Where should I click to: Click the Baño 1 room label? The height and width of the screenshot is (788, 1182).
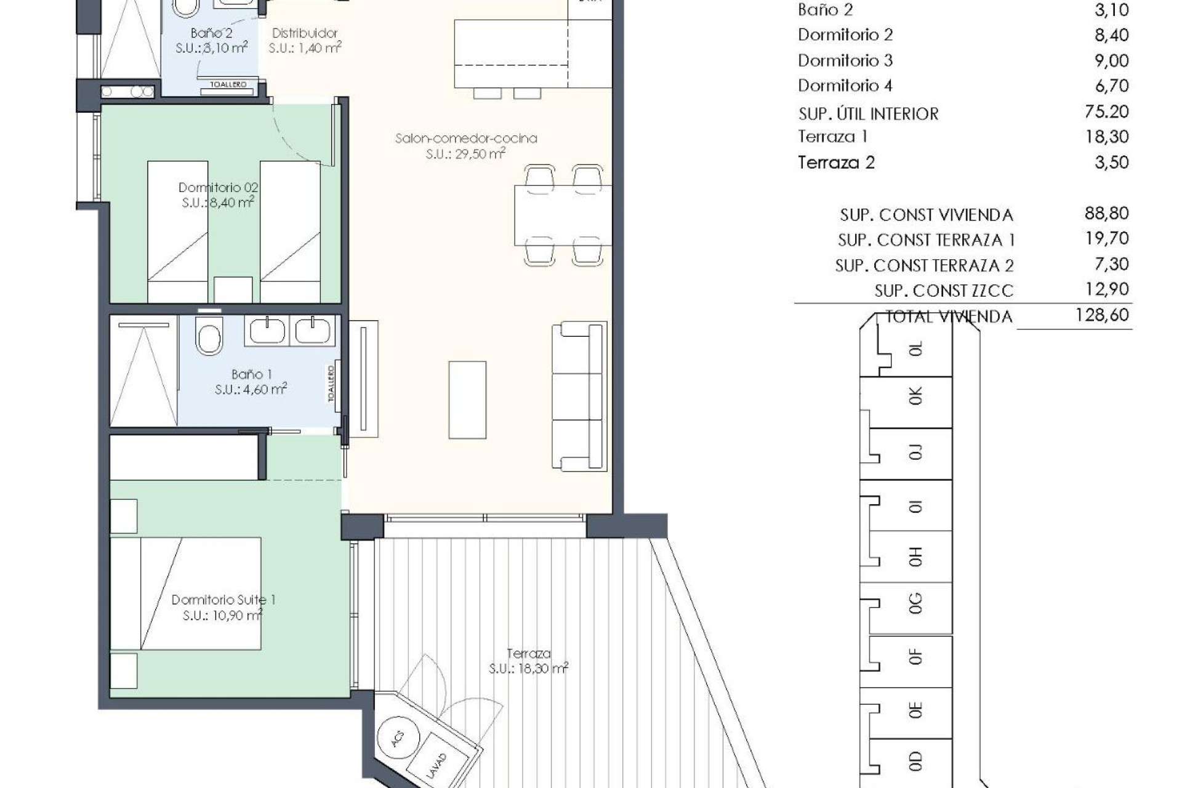(251, 374)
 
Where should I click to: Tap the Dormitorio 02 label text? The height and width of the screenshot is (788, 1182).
(218, 187)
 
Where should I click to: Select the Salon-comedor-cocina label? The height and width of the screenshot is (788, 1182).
(466, 139)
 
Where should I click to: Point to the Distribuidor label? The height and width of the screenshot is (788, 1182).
(305, 33)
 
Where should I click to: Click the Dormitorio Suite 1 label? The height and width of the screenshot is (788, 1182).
(223, 600)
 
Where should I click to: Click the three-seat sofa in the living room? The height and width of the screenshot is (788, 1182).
(579, 396)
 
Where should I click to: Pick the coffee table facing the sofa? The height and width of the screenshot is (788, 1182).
(467, 400)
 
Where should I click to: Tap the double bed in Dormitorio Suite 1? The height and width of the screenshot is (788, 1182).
(185, 593)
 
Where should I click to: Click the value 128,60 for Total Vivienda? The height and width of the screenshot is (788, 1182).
(1101, 315)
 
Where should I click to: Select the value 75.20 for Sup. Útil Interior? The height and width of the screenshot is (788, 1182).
(1106, 111)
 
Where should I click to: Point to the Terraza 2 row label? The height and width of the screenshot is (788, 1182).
(836, 163)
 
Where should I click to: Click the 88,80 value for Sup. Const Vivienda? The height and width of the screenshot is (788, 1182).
(1106, 214)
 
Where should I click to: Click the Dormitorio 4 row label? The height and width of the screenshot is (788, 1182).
(845, 86)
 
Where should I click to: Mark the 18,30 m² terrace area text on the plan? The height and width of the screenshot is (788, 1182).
(528, 669)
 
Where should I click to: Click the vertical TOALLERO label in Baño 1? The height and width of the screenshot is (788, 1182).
(331, 384)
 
